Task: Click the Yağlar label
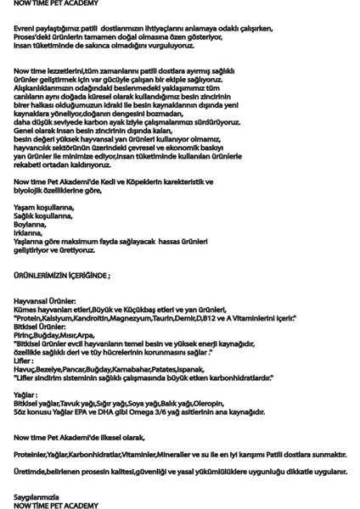(x=26, y=394)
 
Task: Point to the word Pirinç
(x=26, y=334)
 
